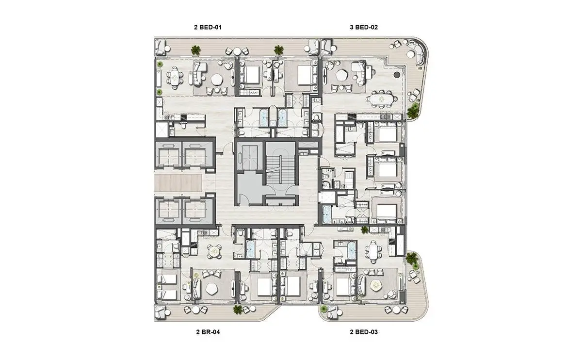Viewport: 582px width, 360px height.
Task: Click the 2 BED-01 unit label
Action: click(208, 27)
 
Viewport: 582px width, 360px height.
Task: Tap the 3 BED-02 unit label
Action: click(364, 27)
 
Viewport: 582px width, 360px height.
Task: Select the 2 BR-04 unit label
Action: click(208, 332)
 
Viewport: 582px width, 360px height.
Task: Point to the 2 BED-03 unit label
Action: click(364, 332)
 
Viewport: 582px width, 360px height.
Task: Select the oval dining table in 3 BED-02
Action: click(381, 99)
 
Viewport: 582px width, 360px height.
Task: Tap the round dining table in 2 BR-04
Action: click(214, 251)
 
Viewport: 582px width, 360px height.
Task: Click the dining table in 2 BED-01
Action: click(175, 78)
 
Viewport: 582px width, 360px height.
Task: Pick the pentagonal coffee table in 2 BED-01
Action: click(216, 80)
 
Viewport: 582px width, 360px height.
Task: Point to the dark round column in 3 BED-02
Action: click(397, 75)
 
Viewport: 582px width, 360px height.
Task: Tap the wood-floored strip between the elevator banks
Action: click(178, 183)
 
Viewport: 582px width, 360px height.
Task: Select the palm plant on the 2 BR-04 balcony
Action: click(237, 310)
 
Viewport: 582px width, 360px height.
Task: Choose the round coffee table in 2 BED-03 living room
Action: click(375, 286)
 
